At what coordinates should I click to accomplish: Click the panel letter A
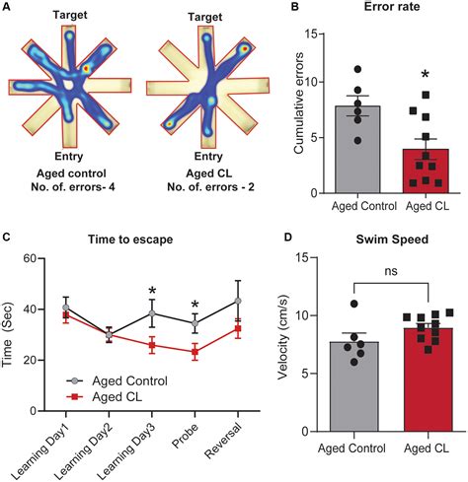8,8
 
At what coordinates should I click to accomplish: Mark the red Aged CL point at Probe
195,351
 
